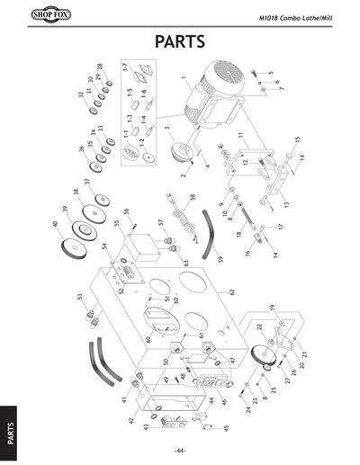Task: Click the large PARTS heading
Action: (x=180, y=41)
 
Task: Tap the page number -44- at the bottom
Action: (x=180, y=450)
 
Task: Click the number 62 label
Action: (x=231, y=291)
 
